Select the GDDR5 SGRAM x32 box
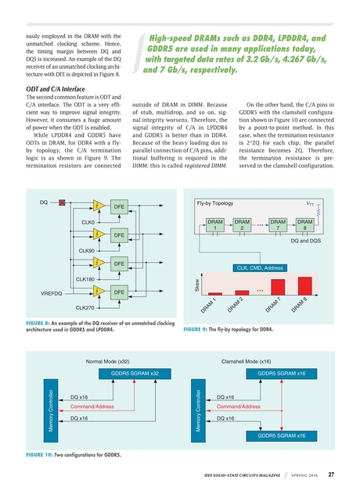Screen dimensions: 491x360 (x=135, y=374)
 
